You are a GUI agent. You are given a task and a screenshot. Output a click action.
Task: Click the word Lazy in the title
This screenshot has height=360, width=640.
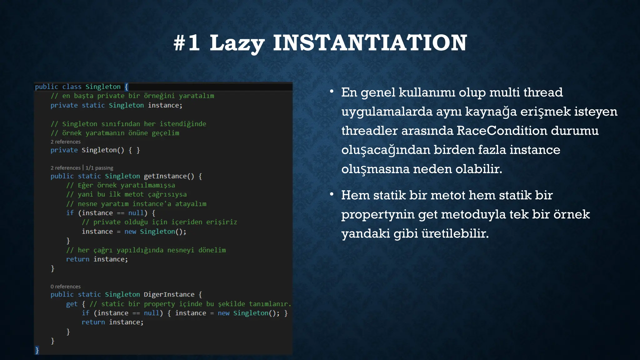tap(237, 43)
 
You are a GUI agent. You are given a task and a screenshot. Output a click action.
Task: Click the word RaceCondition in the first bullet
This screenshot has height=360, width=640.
tap(502, 131)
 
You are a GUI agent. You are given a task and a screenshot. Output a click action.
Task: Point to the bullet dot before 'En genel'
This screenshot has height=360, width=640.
tap(332, 92)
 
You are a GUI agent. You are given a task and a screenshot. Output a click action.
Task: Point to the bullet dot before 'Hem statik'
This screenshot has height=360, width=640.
tap(332, 194)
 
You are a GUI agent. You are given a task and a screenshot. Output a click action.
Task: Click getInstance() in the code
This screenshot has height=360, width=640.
tap(169, 176)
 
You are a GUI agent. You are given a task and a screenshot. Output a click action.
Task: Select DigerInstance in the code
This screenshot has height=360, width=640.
tap(169, 294)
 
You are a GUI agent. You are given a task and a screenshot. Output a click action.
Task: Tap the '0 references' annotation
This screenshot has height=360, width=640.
tap(66, 287)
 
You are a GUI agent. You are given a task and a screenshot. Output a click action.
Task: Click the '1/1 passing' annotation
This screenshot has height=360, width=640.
tap(99, 168)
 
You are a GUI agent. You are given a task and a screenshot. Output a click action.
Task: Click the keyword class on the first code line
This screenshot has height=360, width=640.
tap(72, 87)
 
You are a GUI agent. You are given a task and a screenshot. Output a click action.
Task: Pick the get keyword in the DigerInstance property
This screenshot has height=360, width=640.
tap(72, 304)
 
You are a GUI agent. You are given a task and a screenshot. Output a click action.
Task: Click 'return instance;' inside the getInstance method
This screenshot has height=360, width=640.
tap(97, 259)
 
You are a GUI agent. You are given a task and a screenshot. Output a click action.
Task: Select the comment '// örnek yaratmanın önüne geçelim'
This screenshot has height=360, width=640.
tap(115, 133)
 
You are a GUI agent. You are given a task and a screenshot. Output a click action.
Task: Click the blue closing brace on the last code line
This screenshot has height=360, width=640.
tap(37, 350)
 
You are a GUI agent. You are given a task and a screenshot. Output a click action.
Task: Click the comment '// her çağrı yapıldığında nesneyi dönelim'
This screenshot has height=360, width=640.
tap(146, 250)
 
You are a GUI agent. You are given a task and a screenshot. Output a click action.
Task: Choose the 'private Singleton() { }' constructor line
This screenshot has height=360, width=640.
tap(95, 150)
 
